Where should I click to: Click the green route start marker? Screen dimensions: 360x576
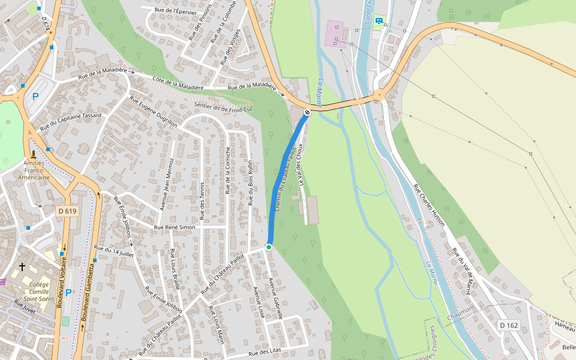pyautogui.click(x=269, y=247)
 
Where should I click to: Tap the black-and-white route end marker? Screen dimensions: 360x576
pyautogui.click(x=307, y=112)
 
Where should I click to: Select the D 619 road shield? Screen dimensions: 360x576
pyautogui.click(x=68, y=211)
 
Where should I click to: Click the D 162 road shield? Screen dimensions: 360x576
pyautogui.click(x=508, y=325)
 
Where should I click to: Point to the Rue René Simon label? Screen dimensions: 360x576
pyautogui.click(x=175, y=227)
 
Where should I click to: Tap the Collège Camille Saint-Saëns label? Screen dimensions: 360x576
pyautogui.click(x=39, y=291)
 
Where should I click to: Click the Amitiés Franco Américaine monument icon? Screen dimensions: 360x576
pyautogui.click(x=33, y=154)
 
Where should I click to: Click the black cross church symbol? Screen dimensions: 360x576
pyautogui.click(x=22, y=266)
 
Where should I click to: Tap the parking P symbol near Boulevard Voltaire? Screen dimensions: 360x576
pyautogui.click(x=68, y=292)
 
